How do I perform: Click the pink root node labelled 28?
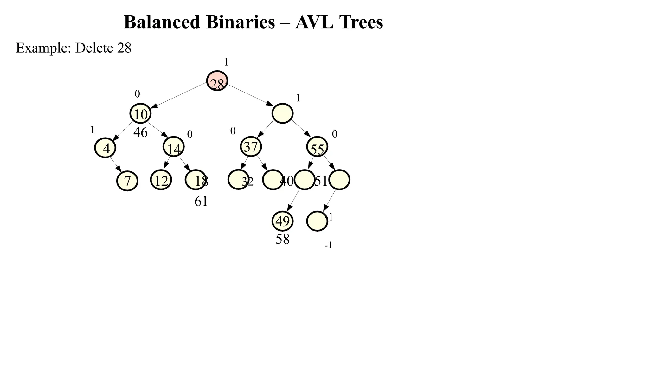[x=217, y=81]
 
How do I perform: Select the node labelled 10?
[x=140, y=113]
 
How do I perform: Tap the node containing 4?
[x=105, y=148]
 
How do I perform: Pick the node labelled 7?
[x=127, y=181]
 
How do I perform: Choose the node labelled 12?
[x=161, y=180]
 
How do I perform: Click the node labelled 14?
[x=174, y=147]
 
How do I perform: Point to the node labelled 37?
[x=251, y=147]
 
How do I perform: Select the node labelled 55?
[x=317, y=147]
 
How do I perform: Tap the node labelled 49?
[x=283, y=221]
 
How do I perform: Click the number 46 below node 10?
[x=140, y=132]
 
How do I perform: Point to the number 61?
[x=201, y=201]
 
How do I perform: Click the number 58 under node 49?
[x=283, y=239]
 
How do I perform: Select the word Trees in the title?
[x=361, y=22]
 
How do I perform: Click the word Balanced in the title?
[x=162, y=22]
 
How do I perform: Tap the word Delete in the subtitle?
[x=94, y=48]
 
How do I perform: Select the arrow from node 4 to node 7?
[x=116, y=164]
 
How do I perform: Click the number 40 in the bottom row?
[x=286, y=181]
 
